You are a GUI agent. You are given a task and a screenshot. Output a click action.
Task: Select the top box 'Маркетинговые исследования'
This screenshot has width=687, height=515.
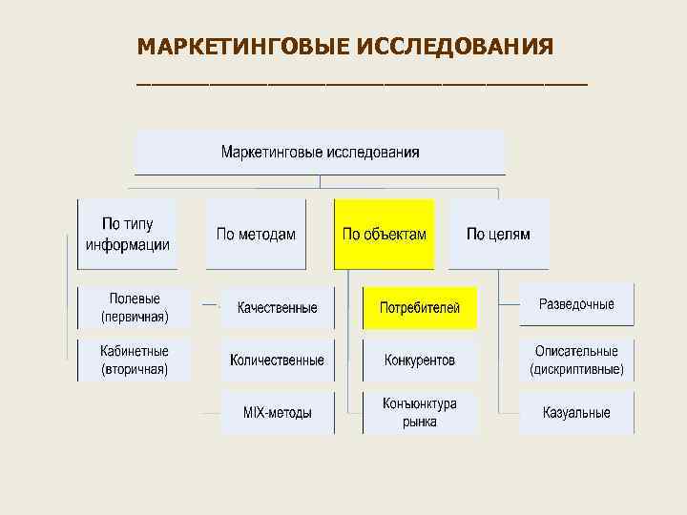coord(320,152)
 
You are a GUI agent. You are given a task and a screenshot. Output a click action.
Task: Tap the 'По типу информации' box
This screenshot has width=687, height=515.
coord(128,234)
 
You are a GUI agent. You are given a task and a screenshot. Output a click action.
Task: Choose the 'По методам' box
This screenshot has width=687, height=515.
coord(256,234)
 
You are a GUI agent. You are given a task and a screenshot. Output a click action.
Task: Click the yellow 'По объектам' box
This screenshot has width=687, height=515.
coord(384,234)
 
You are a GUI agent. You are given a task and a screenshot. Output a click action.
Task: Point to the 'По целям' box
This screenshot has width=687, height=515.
coord(498,234)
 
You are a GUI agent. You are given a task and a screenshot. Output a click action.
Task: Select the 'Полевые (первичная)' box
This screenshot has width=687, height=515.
coord(134,307)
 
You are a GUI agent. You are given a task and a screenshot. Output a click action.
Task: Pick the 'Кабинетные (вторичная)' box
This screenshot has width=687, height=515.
coord(134,360)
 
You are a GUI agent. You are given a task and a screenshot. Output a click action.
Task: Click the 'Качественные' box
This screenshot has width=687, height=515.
coord(277,307)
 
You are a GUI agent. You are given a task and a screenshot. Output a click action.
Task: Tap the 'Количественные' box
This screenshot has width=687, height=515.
coord(277,360)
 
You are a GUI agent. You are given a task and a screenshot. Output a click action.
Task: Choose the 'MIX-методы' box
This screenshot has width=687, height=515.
coord(277,412)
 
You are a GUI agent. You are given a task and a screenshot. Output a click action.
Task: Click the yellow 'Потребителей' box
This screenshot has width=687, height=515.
coord(420,307)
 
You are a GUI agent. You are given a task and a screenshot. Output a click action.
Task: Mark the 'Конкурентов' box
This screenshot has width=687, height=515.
coord(420,360)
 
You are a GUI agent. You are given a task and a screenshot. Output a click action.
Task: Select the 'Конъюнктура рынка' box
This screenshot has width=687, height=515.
coord(420,412)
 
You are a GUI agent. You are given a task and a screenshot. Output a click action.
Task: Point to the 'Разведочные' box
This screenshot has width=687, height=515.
coord(576,304)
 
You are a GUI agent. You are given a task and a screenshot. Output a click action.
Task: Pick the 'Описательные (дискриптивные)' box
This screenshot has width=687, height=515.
coord(576,360)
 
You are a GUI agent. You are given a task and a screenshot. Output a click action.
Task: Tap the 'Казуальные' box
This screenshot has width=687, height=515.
coord(576,412)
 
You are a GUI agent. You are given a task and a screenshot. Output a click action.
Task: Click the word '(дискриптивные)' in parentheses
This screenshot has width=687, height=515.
coord(576,369)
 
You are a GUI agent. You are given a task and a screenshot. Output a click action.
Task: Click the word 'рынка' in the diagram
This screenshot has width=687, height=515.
coord(420,422)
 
